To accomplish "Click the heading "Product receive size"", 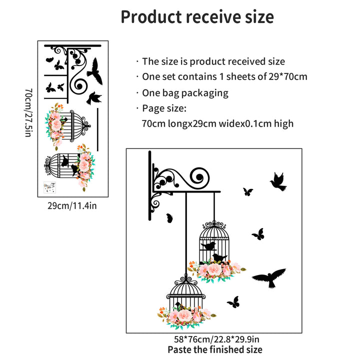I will [x=197, y=17].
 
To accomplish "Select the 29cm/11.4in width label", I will [x=72, y=205].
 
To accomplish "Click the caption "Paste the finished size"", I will [x=214, y=350].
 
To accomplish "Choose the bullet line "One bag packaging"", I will [x=185, y=93].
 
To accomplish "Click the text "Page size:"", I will [x=164, y=108].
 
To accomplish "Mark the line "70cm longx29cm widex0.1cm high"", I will [x=218, y=123].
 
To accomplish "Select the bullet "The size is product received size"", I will [x=213, y=62].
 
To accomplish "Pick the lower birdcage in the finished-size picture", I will [x=185, y=295].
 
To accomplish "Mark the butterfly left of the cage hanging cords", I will [x=169, y=217].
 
